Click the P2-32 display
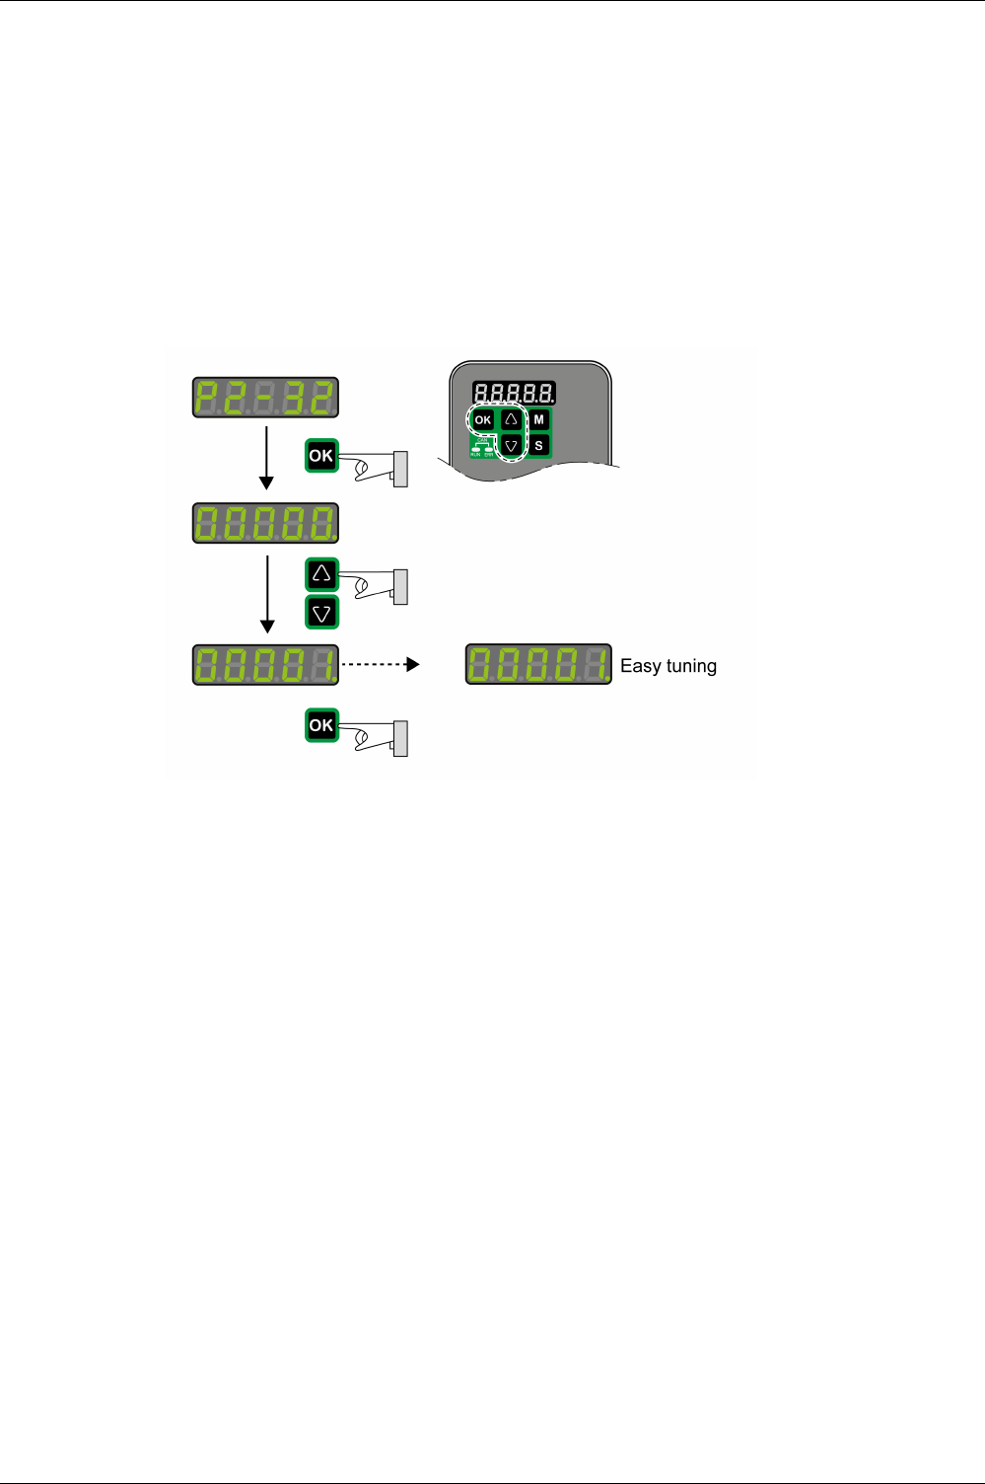[265, 398]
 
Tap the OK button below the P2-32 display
[321, 456]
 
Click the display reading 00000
[265, 523]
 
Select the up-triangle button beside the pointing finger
[321, 574]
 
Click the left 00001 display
[265, 665]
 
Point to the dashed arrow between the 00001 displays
[381, 665]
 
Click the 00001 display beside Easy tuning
[538, 664]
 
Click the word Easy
[640, 666]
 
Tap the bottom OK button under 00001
[321, 725]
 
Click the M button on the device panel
[538, 419]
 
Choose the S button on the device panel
[538, 446]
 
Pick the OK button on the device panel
[482, 419]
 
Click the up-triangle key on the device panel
[511, 419]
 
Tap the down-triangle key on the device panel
[511, 446]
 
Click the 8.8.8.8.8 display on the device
[513, 393]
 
